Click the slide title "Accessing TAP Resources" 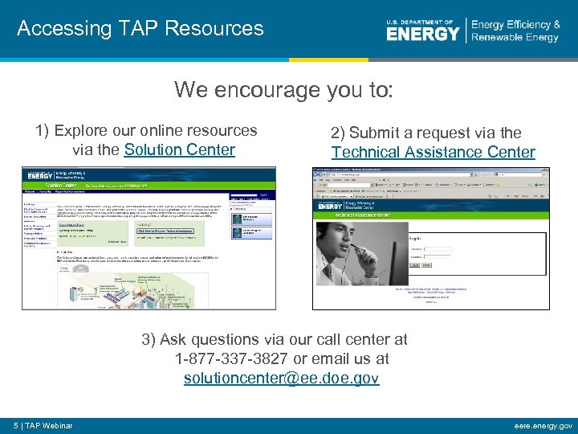[140, 29]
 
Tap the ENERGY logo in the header [423, 32]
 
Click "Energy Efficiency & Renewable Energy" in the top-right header [515, 31]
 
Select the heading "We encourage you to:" [283, 89]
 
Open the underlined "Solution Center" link [179, 149]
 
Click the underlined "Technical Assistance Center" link [433, 152]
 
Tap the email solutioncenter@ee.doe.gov [281, 378]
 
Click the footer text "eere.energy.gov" [543, 425]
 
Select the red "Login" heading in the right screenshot [415, 239]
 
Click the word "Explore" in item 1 [82, 131]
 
